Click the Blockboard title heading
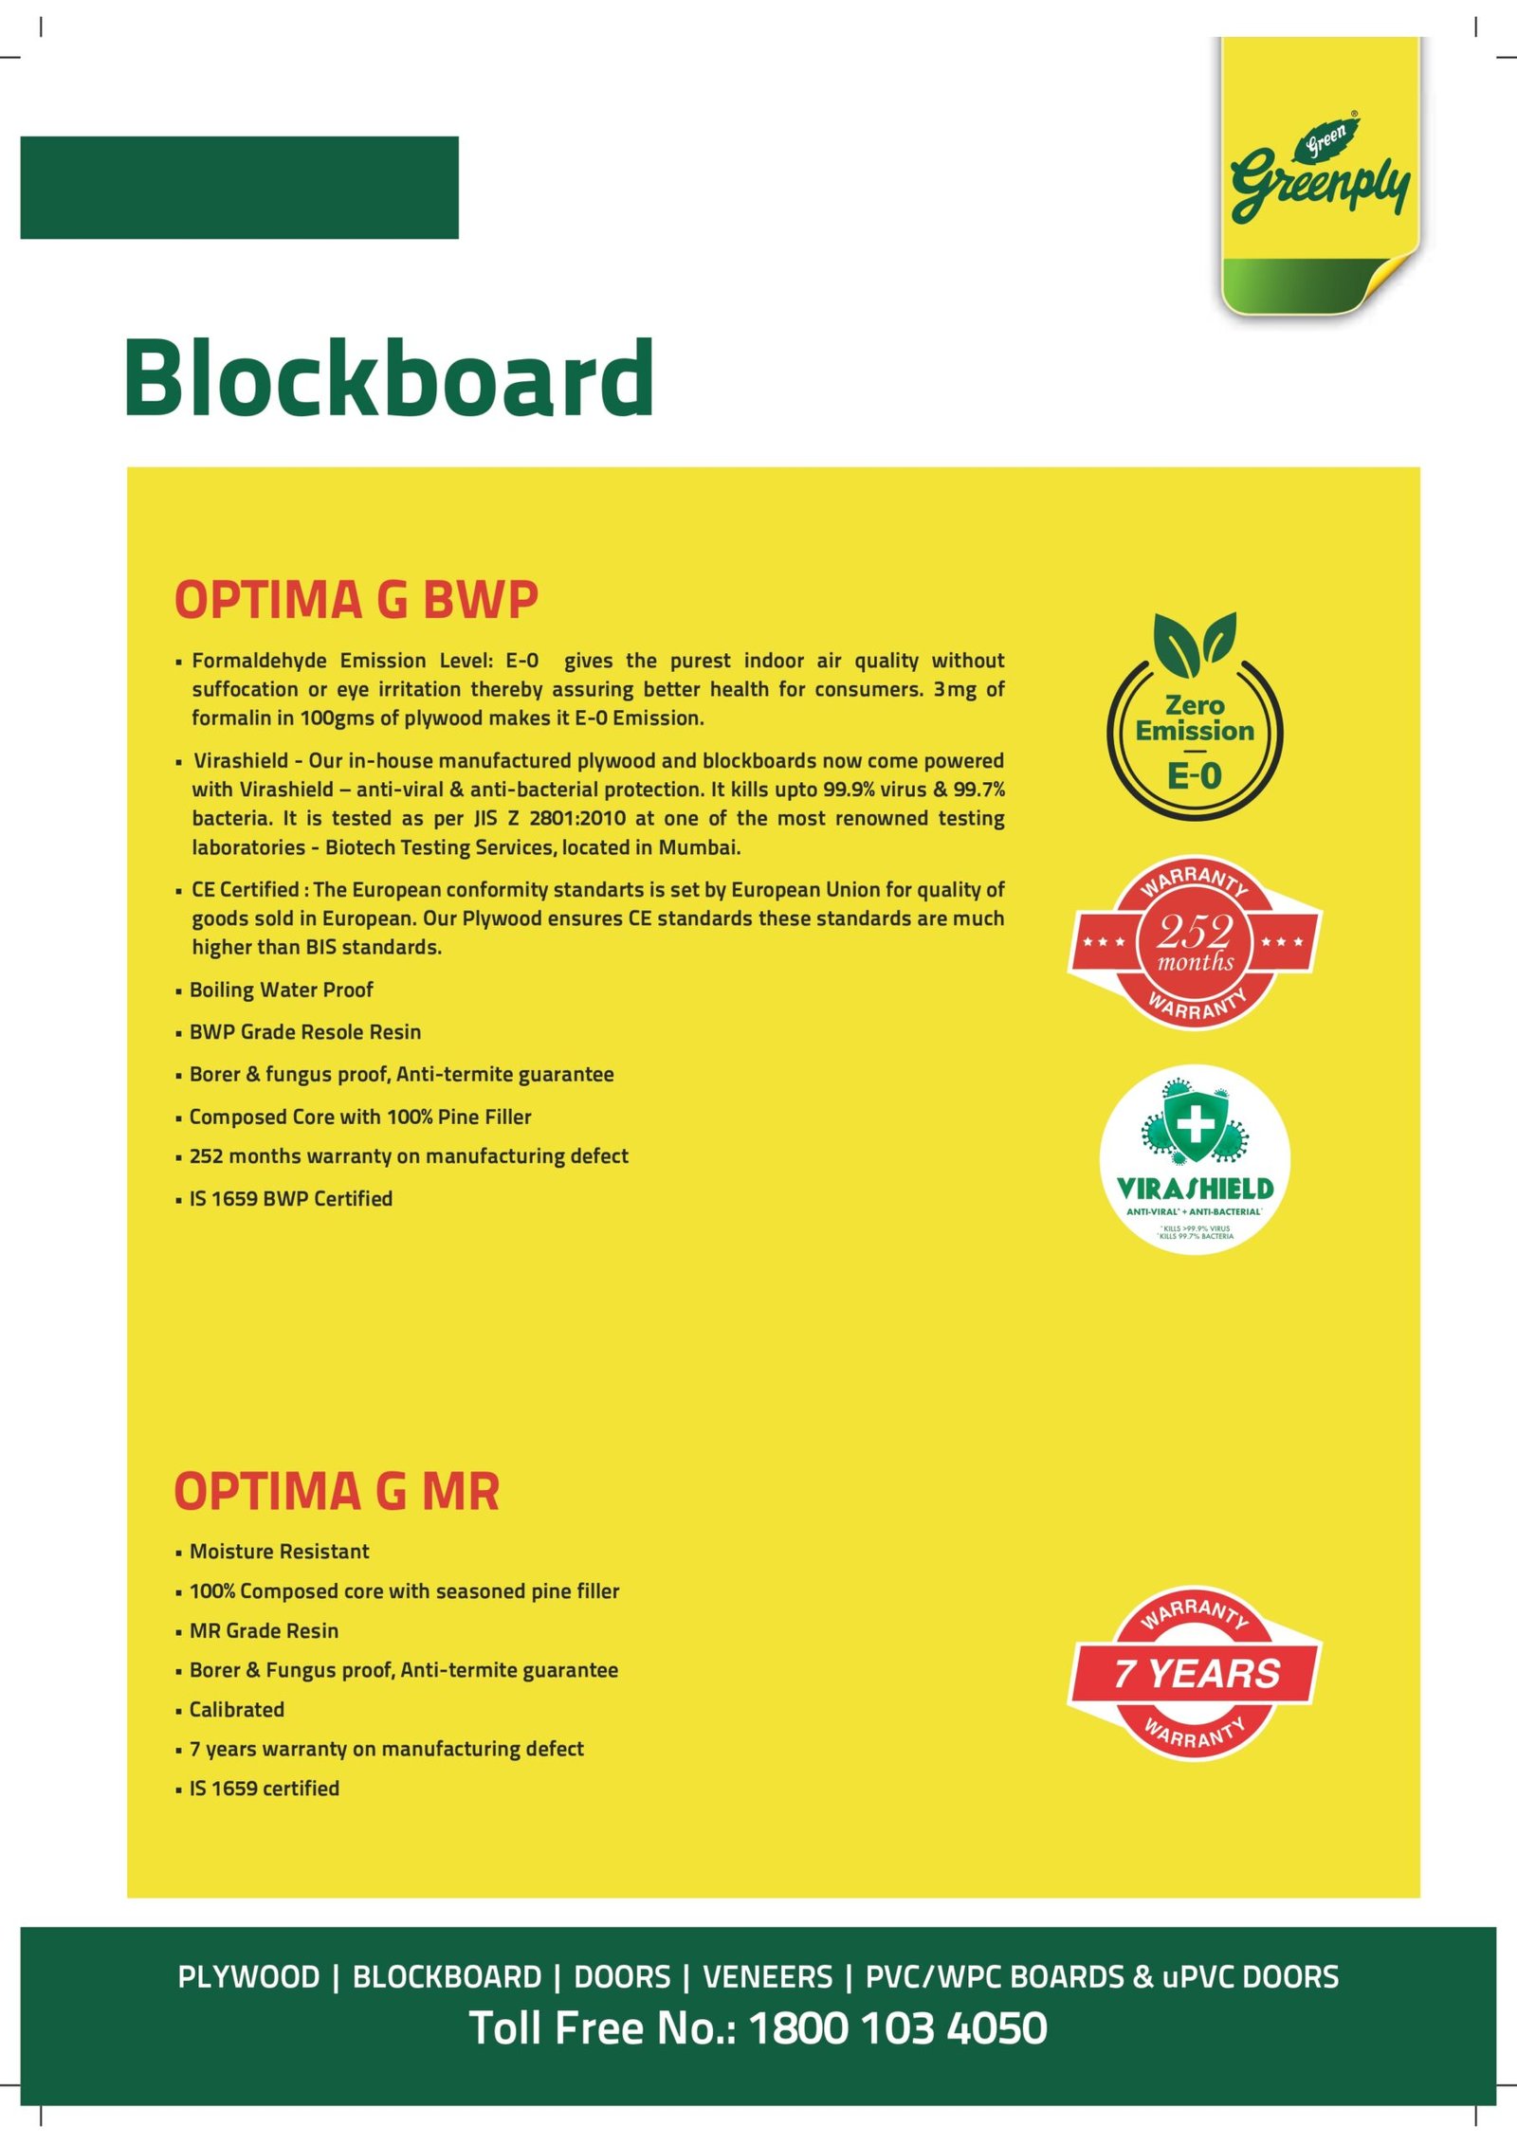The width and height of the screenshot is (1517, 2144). click(x=389, y=379)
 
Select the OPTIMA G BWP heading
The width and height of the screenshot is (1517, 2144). click(x=356, y=600)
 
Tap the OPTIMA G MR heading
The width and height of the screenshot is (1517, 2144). click(x=337, y=1492)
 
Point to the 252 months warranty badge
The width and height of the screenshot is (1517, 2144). click(x=1195, y=942)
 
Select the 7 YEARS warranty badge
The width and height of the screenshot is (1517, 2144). click(x=1195, y=1674)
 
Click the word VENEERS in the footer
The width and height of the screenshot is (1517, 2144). click(x=767, y=1977)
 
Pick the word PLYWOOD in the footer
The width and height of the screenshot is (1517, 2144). click(x=248, y=1977)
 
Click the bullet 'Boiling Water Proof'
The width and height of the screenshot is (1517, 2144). click(x=281, y=990)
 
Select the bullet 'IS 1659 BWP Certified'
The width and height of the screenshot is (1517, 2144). click(x=290, y=1199)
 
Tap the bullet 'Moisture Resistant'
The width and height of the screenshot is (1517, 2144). click(x=279, y=1552)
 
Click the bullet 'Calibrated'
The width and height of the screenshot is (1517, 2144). click(x=236, y=1709)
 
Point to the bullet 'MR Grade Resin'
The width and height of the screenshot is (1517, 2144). click(x=264, y=1630)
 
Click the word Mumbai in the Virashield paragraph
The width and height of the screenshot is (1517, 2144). click(x=698, y=847)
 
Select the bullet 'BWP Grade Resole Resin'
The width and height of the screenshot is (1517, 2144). click(x=304, y=1032)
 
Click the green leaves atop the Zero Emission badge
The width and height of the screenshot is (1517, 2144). click(x=1195, y=640)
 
